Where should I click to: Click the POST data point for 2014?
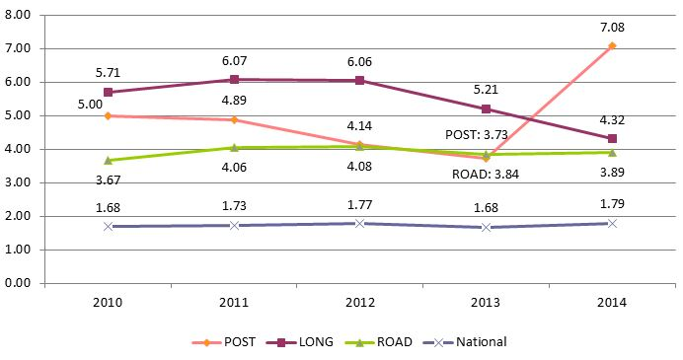click(x=612, y=45)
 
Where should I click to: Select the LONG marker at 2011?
click(x=234, y=79)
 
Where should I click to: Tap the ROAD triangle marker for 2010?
click(x=108, y=160)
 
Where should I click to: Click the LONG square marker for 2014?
click(x=612, y=138)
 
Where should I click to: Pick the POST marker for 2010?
click(x=108, y=115)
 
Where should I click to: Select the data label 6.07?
click(x=234, y=59)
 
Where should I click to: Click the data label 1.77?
click(x=360, y=205)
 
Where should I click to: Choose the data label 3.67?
click(x=108, y=180)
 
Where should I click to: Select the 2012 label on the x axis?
click(x=360, y=302)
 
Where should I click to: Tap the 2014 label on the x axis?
click(x=612, y=302)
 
